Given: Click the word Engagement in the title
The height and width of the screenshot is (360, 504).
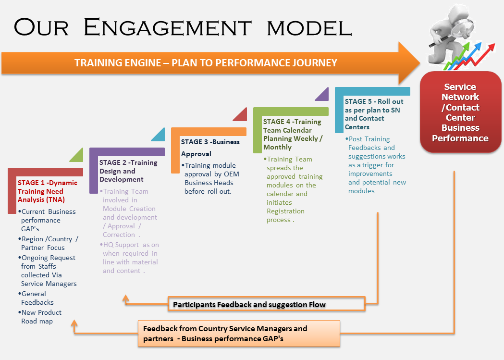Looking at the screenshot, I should [x=167, y=27].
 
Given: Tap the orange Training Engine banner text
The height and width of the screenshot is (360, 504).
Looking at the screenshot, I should [x=206, y=63].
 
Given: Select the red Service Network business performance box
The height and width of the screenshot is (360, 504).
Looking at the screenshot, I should [x=460, y=112].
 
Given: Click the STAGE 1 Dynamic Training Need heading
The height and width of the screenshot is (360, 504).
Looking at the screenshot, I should [x=47, y=191].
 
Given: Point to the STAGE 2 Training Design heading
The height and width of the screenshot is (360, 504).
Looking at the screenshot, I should [x=128, y=171].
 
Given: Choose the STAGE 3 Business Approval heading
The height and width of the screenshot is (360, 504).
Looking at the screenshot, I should [x=210, y=148].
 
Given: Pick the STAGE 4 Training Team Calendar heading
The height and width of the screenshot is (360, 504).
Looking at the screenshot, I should [x=293, y=135].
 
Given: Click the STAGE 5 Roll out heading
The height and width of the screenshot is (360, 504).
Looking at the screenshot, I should [x=374, y=114].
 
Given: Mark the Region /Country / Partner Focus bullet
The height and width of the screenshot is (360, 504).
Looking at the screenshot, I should [x=49, y=243].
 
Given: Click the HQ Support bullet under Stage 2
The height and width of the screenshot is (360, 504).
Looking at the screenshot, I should [x=130, y=258].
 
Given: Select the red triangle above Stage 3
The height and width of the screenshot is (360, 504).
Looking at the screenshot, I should [x=240, y=114].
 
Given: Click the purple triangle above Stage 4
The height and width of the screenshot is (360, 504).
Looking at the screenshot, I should [x=322, y=94].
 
